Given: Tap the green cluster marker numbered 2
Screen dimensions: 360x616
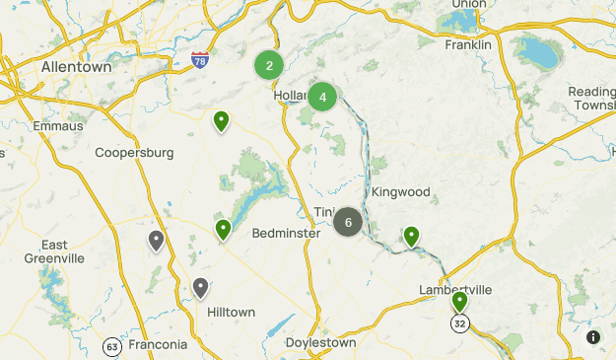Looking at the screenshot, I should tap(269, 66).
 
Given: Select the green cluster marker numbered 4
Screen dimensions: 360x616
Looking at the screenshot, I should tap(322, 97).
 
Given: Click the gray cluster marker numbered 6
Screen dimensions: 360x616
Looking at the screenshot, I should tap(348, 222).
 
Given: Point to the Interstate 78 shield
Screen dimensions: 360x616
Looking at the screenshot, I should tap(200, 60).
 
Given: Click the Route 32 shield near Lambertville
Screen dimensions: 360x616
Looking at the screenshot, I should tap(459, 324).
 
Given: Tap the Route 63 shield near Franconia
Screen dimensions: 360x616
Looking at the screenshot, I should tap(112, 346).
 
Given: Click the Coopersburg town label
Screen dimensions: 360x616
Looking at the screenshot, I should tap(134, 153).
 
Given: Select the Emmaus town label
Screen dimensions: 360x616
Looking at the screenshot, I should tap(51, 126).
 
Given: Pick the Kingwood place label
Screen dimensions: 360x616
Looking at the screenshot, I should tap(401, 191).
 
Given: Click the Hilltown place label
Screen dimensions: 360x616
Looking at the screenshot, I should tap(231, 312).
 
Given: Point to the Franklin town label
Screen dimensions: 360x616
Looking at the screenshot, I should tap(468, 44).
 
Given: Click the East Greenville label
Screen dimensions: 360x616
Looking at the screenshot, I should tap(55, 252).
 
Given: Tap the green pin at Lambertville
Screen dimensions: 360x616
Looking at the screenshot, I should tap(459, 301).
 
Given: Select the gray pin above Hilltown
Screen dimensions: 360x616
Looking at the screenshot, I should tap(200, 288).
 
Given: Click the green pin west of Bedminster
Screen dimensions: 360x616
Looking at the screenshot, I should tap(224, 230).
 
